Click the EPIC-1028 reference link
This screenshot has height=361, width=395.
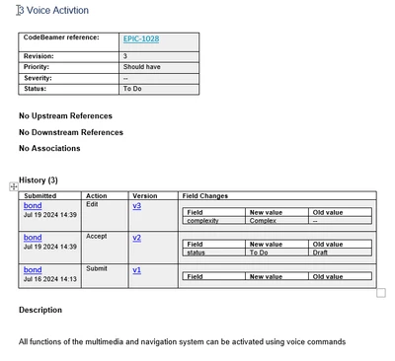tap(140, 39)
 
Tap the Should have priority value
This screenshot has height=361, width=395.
tap(143, 67)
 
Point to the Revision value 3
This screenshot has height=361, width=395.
tap(125, 56)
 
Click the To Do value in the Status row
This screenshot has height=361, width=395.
tap(132, 89)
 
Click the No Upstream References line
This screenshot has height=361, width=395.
tap(65, 115)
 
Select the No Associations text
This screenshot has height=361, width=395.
tap(49, 148)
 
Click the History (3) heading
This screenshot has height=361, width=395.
tap(39, 180)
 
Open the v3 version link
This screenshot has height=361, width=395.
tap(136, 205)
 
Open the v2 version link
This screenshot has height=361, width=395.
tap(136, 238)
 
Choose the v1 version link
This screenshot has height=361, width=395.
tap(136, 269)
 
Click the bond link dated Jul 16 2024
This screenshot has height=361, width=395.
tap(33, 269)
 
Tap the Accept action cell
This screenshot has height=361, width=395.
tap(96, 237)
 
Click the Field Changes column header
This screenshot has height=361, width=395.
tap(205, 195)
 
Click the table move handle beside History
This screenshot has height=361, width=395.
tap(14, 185)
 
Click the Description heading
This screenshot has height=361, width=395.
tap(45, 311)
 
